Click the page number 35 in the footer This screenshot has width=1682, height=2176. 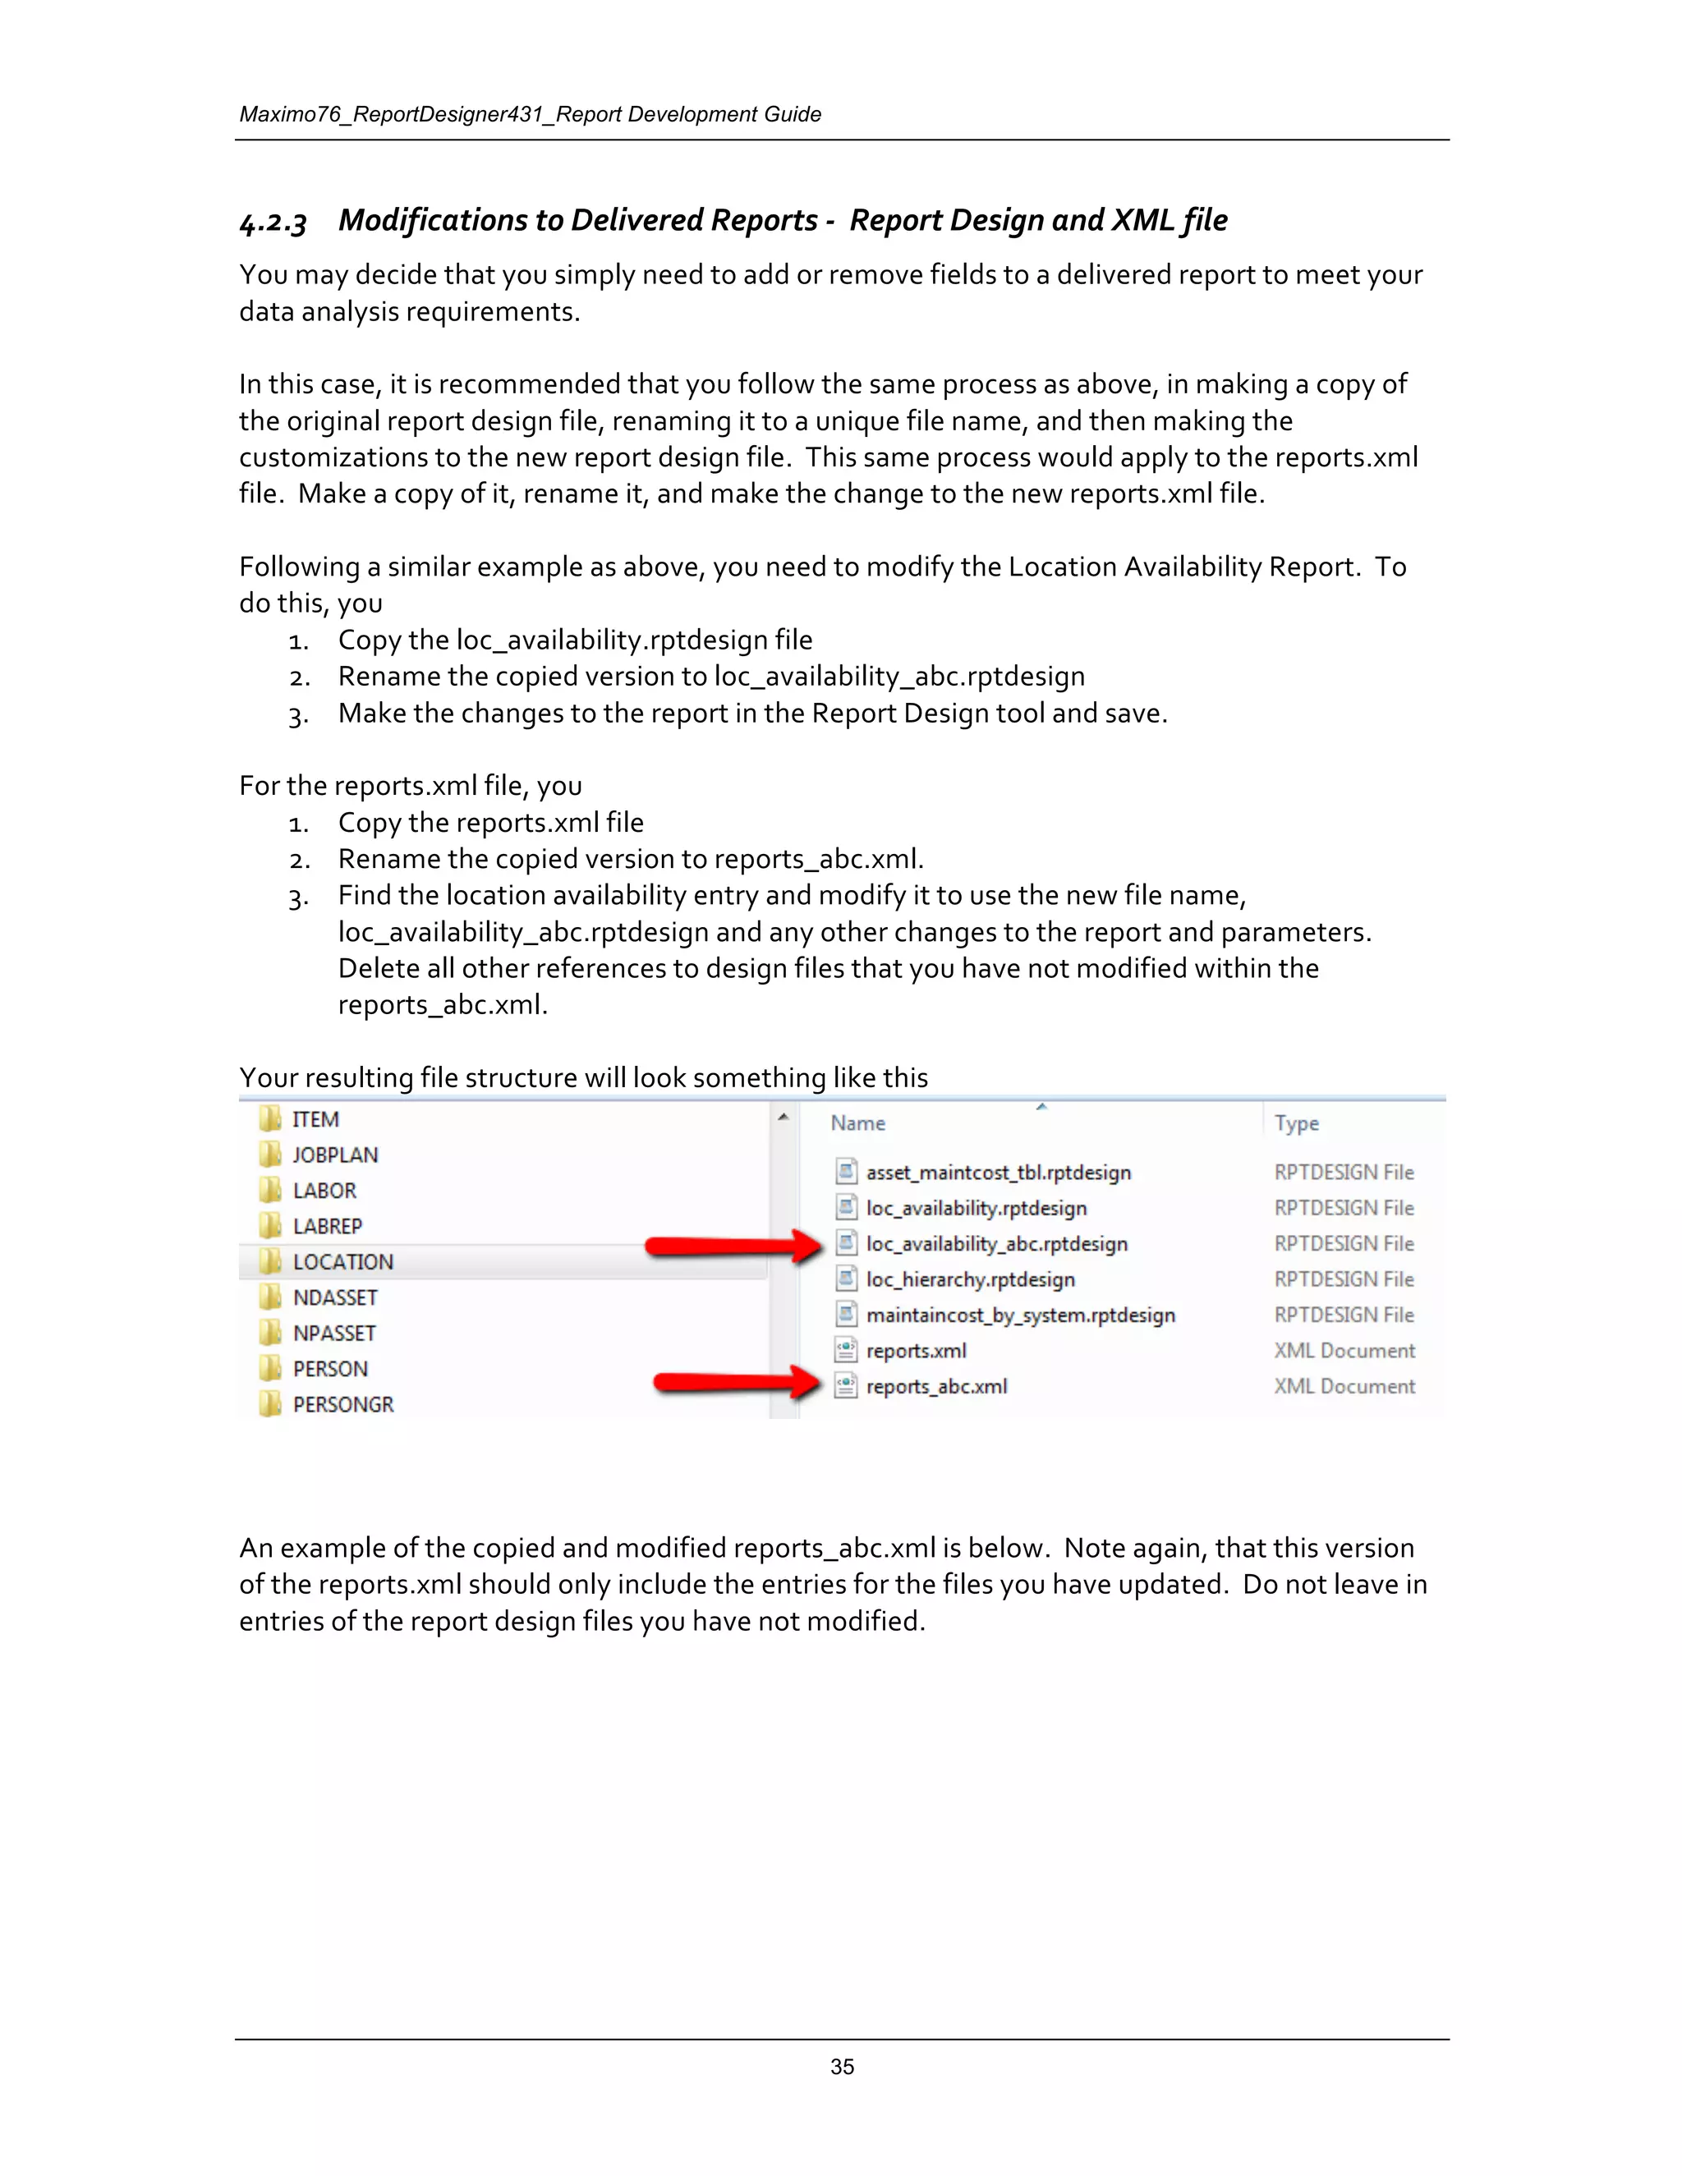(x=842, y=2067)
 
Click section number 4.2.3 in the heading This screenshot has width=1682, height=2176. (x=273, y=221)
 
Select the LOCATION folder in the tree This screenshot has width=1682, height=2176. (x=342, y=1262)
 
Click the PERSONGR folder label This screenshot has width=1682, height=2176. (x=342, y=1405)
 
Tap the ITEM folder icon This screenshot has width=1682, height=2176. (x=270, y=1119)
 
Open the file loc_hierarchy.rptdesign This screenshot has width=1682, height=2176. (x=970, y=1279)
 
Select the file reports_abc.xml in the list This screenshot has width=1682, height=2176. (x=935, y=1387)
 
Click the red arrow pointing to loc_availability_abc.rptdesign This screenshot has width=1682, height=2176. (x=733, y=1246)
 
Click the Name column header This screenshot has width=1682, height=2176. (x=858, y=1124)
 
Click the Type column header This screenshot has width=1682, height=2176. (x=1296, y=1124)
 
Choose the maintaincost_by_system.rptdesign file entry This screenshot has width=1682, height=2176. (x=1020, y=1315)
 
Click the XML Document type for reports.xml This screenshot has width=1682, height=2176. (x=1344, y=1351)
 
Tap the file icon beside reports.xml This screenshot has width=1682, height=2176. (x=846, y=1351)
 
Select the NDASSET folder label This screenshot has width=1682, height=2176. (x=335, y=1298)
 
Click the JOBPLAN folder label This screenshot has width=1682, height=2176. (x=335, y=1156)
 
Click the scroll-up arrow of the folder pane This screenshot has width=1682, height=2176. (x=784, y=1117)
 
